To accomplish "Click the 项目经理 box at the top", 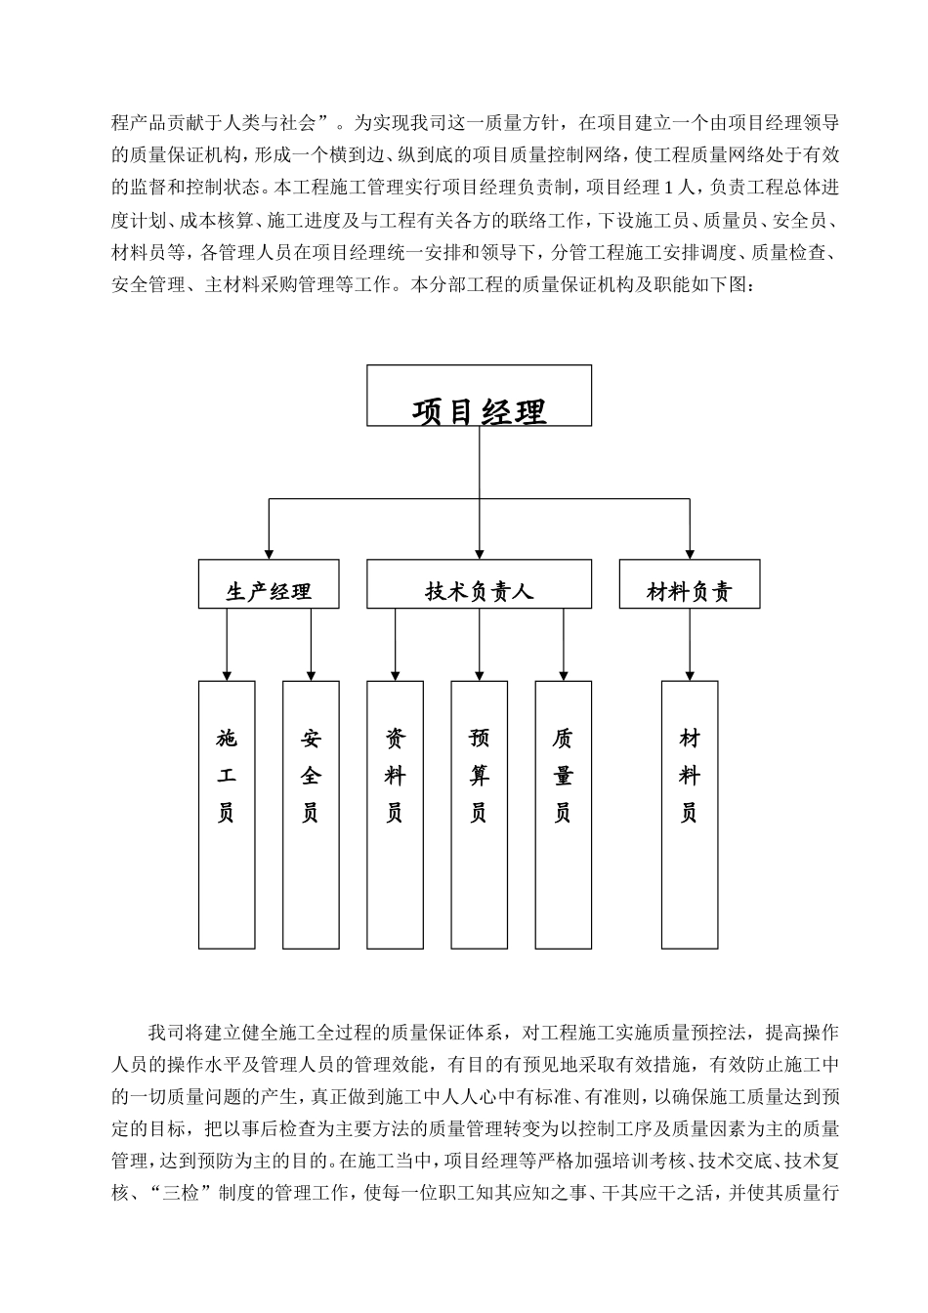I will pos(479,396).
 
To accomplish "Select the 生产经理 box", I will pos(269,584).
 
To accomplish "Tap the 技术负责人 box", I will pos(479,584).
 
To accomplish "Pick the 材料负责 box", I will pos(690,584).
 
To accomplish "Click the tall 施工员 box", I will pos(227,815).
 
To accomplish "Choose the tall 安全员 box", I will pos(311,815).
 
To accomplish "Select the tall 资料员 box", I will pos(395,815).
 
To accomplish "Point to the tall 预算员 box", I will pos(479,815).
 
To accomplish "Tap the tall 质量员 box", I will pos(564,815).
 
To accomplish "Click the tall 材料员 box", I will pos(690,815).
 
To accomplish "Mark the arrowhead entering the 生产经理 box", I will pos(269,554).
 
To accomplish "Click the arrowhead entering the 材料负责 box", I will pos(690,554).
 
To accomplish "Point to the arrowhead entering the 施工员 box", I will pos(227,675).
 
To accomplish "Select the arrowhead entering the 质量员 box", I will pos(564,675).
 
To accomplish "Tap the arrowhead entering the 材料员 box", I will pos(690,675).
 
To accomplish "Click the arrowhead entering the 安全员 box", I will pos(311,675).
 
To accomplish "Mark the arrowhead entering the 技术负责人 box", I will pos(479,554).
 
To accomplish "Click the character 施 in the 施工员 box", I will pos(227,739).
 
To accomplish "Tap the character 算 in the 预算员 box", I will pos(479,777).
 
